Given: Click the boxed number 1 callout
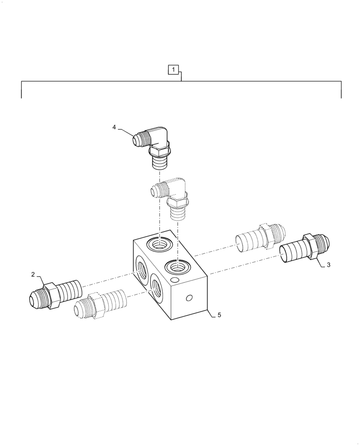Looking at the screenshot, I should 173,70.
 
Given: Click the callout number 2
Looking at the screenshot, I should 33,275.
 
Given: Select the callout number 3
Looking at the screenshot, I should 328,265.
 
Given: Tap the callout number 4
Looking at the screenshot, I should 114,127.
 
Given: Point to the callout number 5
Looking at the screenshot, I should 219,315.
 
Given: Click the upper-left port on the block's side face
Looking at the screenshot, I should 142,270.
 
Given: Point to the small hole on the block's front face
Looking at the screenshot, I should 189,298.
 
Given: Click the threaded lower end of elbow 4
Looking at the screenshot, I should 158,162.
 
